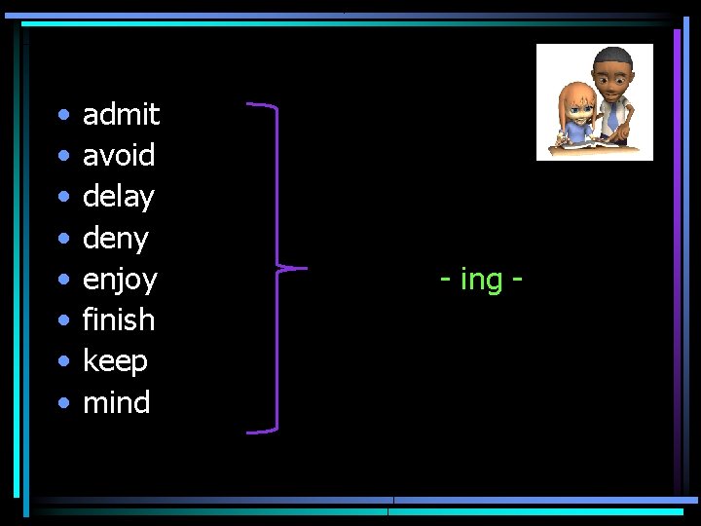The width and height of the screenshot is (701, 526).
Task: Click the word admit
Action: (121, 115)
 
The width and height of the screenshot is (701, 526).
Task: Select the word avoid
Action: (119, 156)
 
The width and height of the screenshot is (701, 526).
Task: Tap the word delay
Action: (119, 197)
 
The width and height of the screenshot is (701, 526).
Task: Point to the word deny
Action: (116, 239)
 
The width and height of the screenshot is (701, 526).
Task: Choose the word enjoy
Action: (120, 281)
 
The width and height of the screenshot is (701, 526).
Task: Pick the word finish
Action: (119, 319)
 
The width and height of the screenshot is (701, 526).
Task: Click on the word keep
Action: (115, 361)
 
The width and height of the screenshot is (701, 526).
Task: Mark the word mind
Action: (117, 402)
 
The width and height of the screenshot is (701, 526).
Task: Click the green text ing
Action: (481, 281)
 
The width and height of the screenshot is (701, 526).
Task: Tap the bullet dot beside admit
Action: (62, 116)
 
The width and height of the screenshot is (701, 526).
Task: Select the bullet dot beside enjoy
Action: (62, 281)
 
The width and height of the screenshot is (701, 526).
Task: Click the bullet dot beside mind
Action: (62, 403)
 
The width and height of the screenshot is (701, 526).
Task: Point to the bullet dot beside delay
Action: (62, 198)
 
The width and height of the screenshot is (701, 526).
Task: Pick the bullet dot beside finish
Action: (62, 320)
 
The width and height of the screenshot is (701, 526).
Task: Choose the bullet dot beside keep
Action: (62, 362)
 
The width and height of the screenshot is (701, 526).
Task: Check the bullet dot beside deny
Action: (62, 239)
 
